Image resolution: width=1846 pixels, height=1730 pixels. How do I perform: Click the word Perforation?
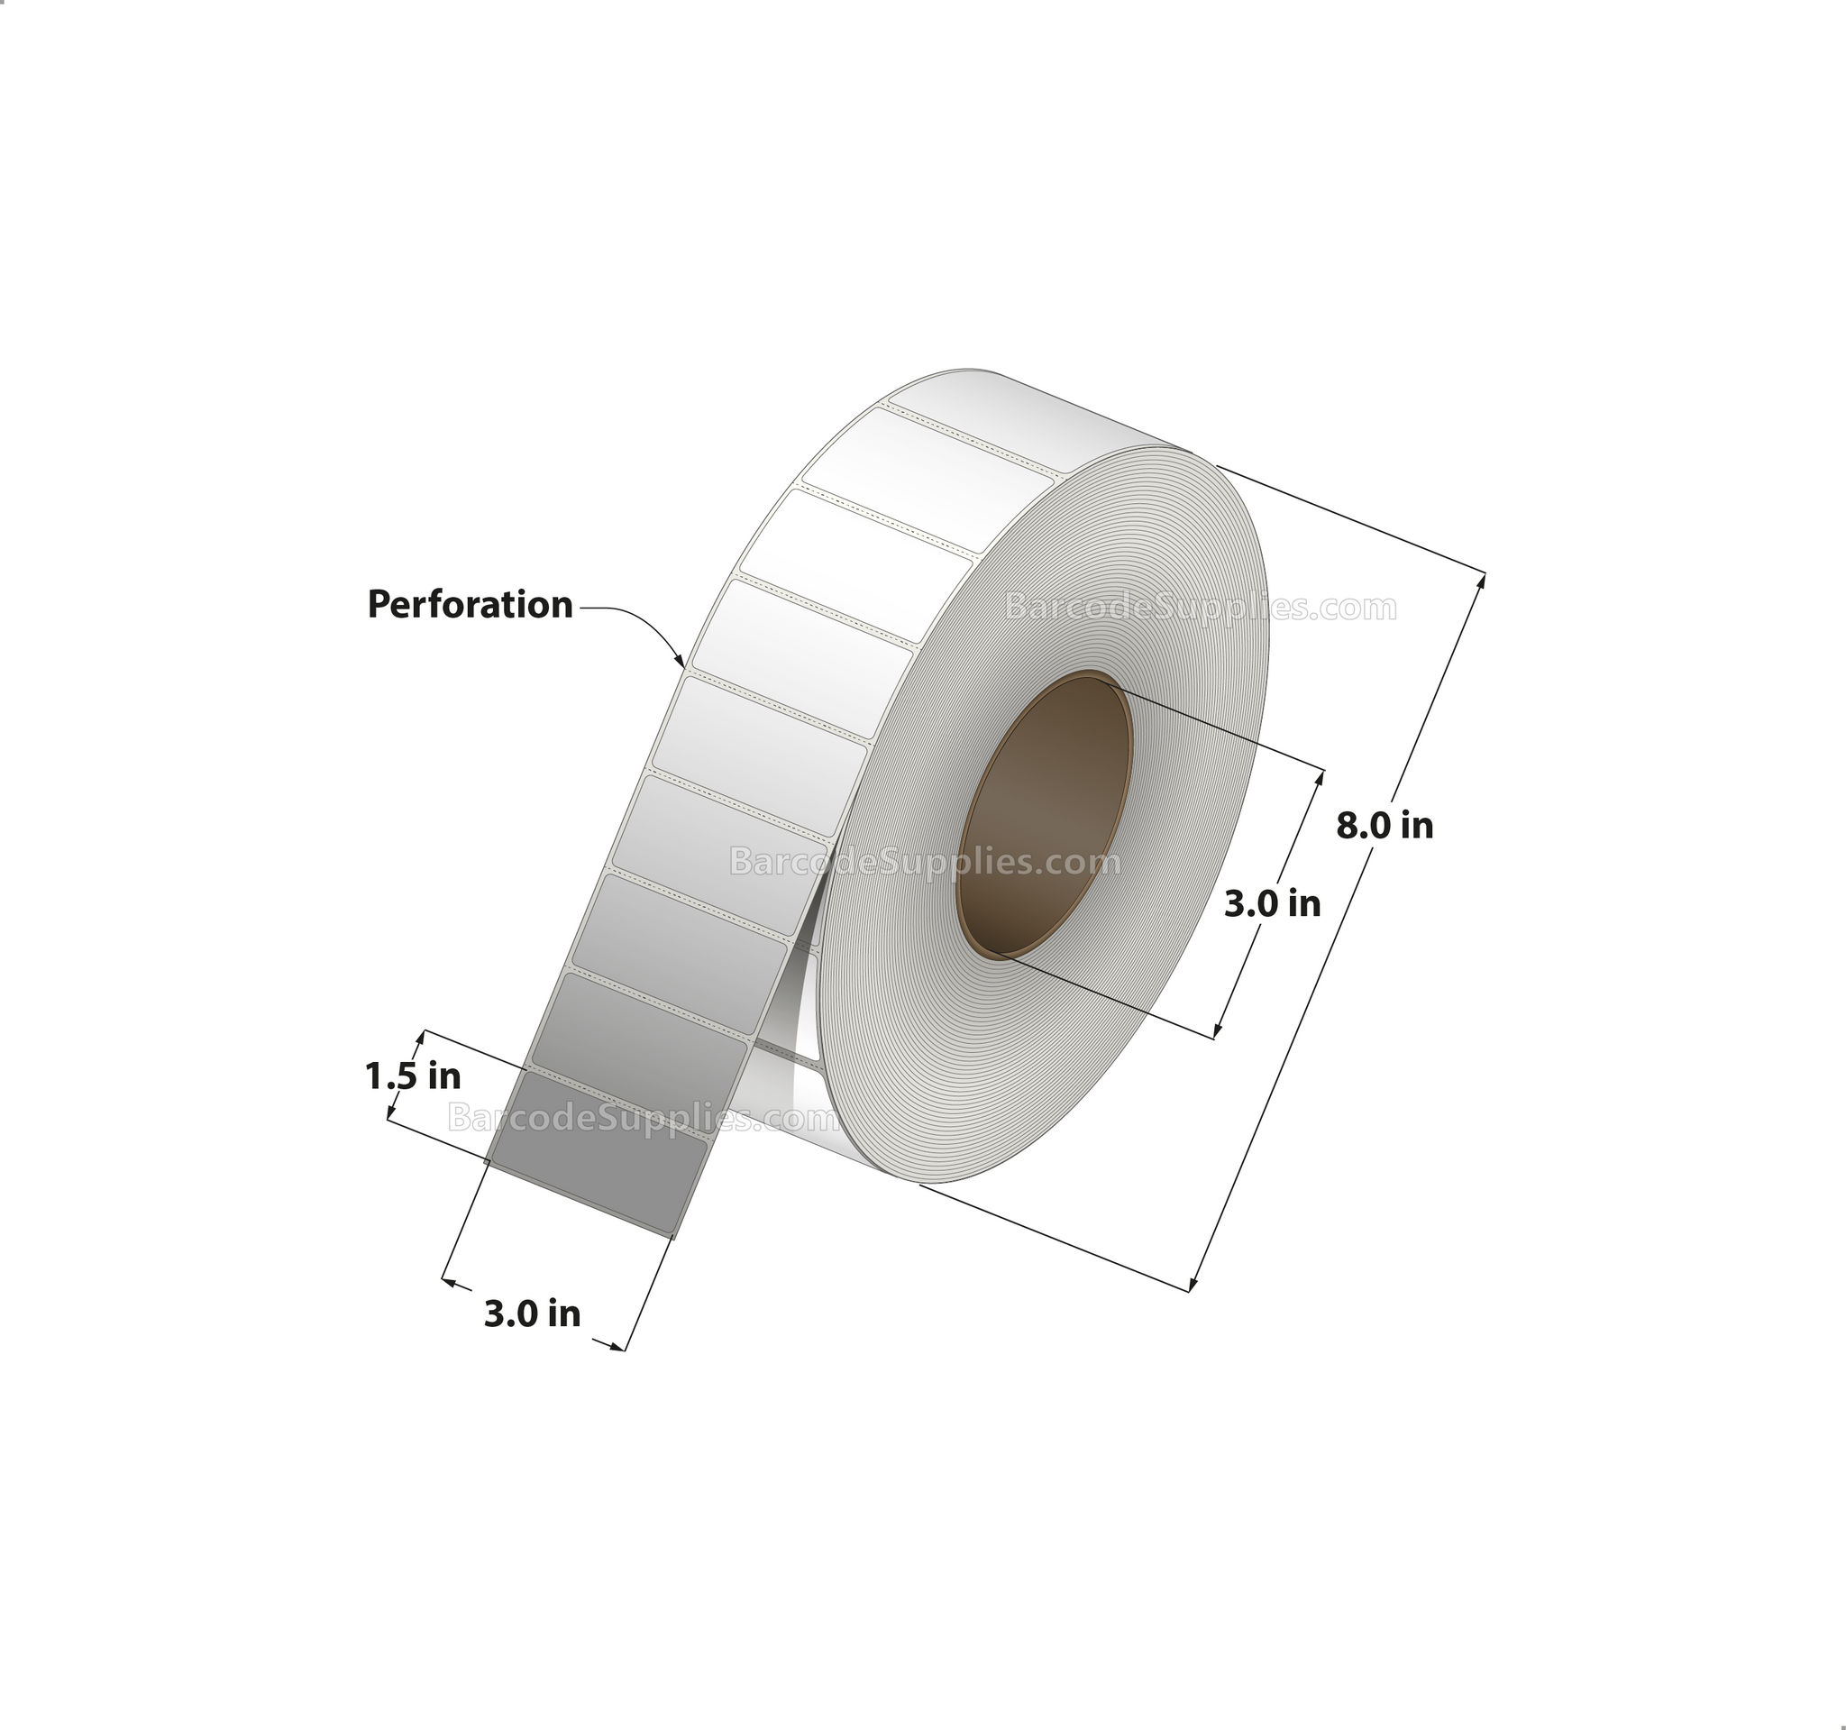(470, 605)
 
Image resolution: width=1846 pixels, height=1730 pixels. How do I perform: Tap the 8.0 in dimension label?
(1384, 825)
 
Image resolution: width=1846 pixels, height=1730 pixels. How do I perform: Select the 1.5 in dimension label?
(412, 1076)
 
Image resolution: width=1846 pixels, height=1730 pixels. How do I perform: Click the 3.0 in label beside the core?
(1271, 902)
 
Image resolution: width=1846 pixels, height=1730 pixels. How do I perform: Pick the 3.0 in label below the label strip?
(532, 1314)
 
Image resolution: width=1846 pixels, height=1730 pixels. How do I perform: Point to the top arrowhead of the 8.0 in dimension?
(1481, 581)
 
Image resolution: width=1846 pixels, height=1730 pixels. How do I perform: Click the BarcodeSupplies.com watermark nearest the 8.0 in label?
(1200, 608)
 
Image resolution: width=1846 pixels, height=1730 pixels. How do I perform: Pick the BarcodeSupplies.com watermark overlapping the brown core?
(925, 862)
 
